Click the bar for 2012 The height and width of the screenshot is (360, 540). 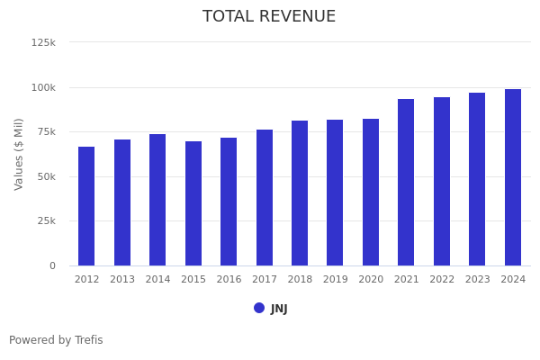tap(86, 206)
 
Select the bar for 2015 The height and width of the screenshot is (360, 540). tap(193, 203)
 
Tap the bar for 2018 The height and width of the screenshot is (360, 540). tap(300, 193)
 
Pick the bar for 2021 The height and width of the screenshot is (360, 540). tap(406, 182)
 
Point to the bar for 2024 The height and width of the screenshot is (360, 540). tap(513, 177)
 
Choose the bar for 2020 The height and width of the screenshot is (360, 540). tap(371, 192)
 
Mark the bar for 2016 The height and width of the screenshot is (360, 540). tap(229, 202)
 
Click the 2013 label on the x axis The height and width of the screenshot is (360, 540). tap(122, 280)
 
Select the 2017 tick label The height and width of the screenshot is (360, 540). tap(265, 280)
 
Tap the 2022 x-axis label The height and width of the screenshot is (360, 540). tap(442, 280)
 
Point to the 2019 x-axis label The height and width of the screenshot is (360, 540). tap(336, 280)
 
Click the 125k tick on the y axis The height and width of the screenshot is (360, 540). tap(43, 42)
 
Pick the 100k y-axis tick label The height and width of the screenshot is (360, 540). tap(43, 87)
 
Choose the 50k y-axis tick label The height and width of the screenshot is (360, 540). tap(45, 176)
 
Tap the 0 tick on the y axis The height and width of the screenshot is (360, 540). tap(52, 265)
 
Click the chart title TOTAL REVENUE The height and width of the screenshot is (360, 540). tap(269, 17)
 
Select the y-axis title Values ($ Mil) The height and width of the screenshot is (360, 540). tap(19, 154)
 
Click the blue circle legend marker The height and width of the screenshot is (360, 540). tap(259, 308)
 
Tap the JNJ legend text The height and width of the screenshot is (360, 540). tap(279, 309)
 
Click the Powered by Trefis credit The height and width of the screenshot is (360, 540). tap(56, 340)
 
